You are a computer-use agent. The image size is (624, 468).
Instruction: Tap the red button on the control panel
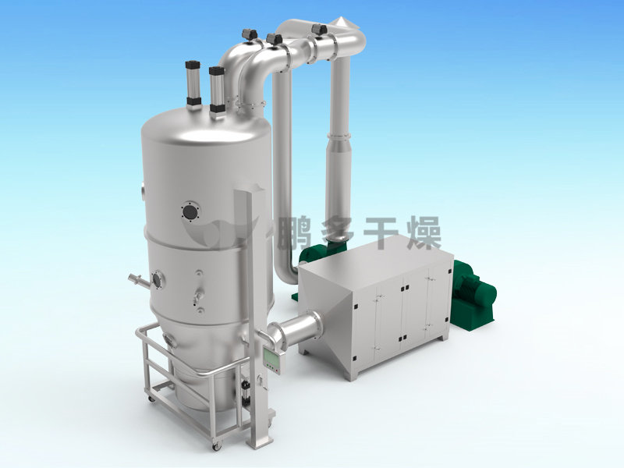[276, 367]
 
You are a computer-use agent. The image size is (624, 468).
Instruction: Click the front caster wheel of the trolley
[218, 446]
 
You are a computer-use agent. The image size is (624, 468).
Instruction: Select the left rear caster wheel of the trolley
[151, 399]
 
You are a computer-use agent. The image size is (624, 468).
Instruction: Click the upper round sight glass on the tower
[190, 211]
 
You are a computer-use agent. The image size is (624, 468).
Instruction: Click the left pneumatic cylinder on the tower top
[193, 84]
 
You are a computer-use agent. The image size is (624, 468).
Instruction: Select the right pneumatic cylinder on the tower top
[217, 91]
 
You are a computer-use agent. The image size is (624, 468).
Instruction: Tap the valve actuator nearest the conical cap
[319, 29]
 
